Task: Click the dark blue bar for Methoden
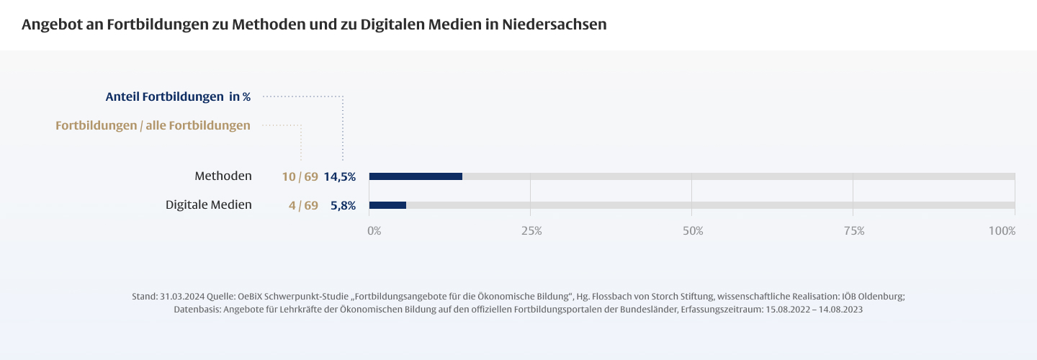pyautogui.click(x=416, y=176)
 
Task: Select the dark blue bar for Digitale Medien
pyautogui.click(x=387, y=205)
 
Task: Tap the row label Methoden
pyautogui.click(x=223, y=176)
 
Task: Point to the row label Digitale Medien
pyautogui.click(x=209, y=204)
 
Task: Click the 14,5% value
pyautogui.click(x=339, y=176)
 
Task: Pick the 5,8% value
pyautogui.click(x=343, y=205)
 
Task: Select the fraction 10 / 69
pyautogui.click(x=300, y=176)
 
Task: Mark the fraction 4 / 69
pyautogui.click(x=303, y=205)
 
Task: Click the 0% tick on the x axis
pyautogui.click(x=374, y=231)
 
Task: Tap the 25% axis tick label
pyautogui.click(x=531, y=231)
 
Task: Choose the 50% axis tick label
pyautogui.click(x=693, y=231)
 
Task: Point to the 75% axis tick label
pyautogui.click(x=854, y=231)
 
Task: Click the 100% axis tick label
pyautogui.click(x=1002, y=231)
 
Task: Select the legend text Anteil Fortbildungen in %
pyautogui.click(x=178, y=96)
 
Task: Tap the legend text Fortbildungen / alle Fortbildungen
pyautogui.click(x=153, y=125)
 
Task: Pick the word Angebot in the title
pyautogui.click(x=49, y=24)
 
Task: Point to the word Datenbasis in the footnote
pyautogui.click(x=197, y=309)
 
